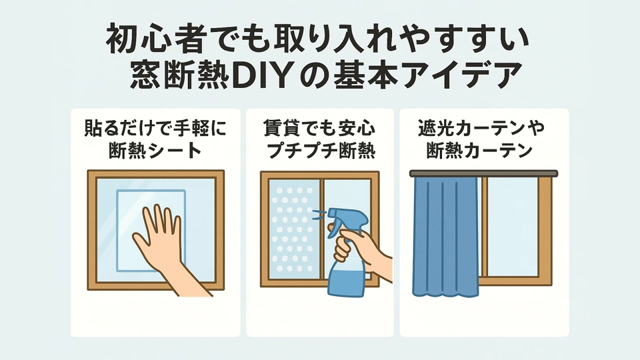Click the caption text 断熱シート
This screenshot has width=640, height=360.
pyautogui.click(x=155, y=150)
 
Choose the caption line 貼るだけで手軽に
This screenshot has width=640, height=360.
pyautogui.click(x=155, y=127)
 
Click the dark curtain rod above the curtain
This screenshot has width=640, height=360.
pyautogui.click(x=482, y=173)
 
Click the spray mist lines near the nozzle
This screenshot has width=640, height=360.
pyautogui.click(x=317, y=215)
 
